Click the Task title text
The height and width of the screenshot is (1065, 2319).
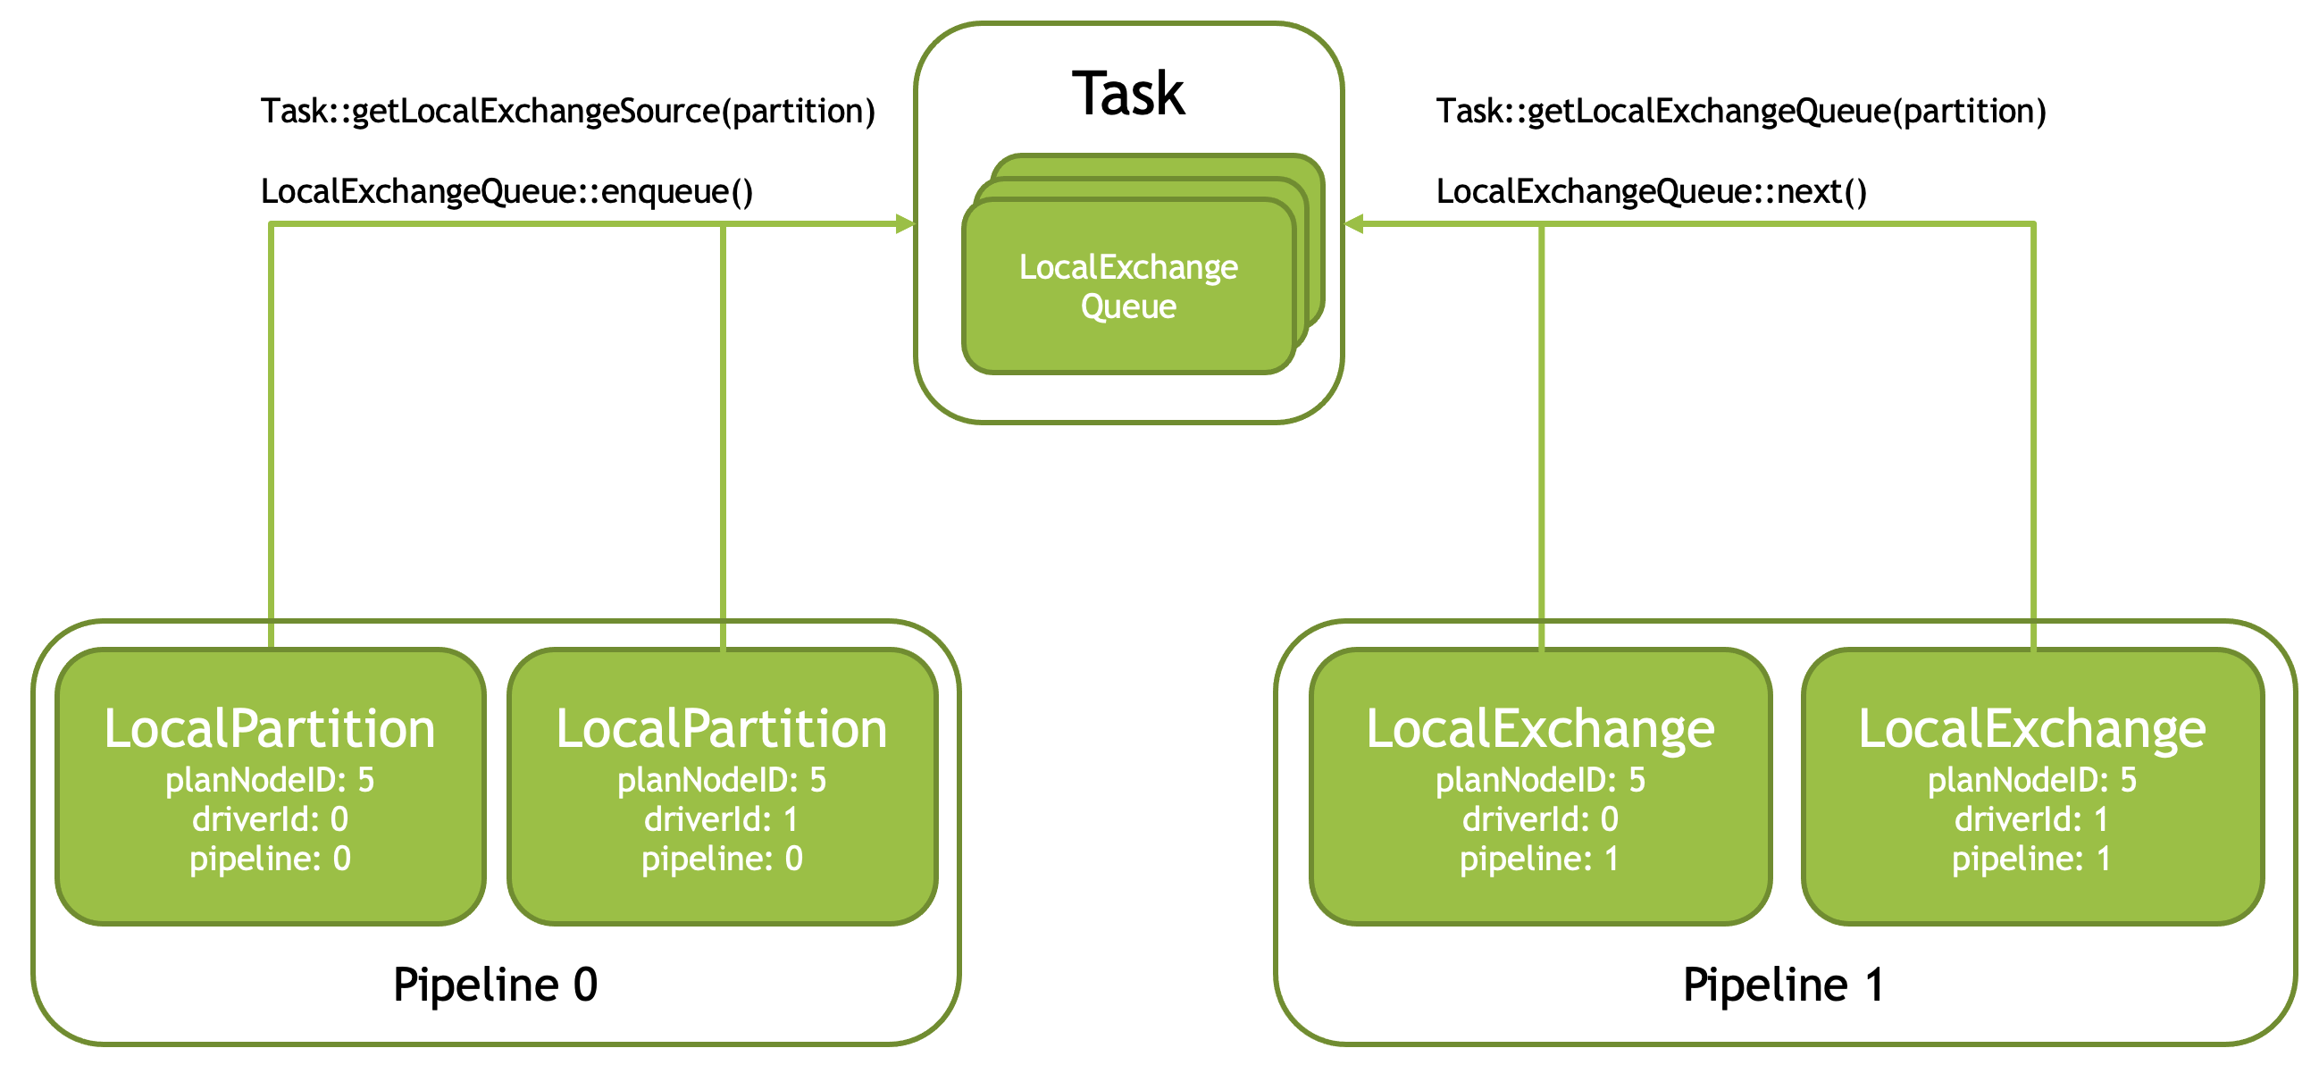pos(1128,94)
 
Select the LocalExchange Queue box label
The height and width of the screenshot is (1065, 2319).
pos(1128,286)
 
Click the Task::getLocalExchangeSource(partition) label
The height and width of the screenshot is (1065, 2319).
pos(568,112)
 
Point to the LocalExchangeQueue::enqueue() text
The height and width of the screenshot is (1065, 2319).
pos(506,192)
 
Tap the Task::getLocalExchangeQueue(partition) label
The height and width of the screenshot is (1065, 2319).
pos(1741,112)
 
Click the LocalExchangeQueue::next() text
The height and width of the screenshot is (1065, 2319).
pos(1651,192)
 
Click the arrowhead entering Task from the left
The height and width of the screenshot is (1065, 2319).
pos(906,224)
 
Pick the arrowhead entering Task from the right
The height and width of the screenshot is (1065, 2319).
pos(1353,224)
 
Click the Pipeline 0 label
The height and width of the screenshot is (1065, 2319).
pos(495,984)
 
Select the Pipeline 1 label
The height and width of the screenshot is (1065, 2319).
pos(1783,984)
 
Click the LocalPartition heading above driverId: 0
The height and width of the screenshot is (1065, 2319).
pos(270,728)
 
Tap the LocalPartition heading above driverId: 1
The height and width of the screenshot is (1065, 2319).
pos(722,728)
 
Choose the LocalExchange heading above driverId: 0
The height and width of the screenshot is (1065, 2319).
pos(1540,730)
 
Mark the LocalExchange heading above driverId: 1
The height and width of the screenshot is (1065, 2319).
pos(2033,730)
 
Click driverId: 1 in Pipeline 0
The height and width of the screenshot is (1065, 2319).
pos(721,819)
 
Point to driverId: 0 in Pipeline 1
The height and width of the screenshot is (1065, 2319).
pos(1540,819)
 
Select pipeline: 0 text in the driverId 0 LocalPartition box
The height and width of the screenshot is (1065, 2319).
pos(270,860)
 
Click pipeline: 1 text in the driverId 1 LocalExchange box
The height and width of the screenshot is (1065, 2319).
pos(2032,860)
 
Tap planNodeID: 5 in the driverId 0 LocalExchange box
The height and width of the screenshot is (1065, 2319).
pos(1540,781)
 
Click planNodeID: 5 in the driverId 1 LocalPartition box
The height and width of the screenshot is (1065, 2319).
pos(722,781)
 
